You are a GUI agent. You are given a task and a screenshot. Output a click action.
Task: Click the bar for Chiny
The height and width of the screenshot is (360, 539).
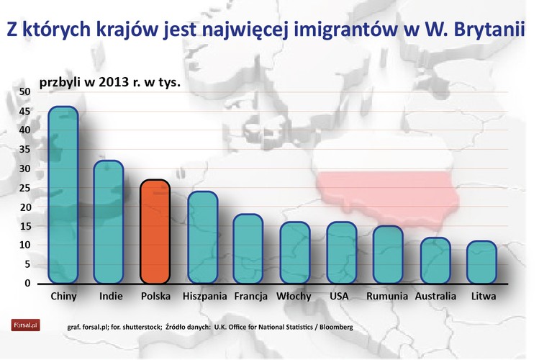(x=63, y=194)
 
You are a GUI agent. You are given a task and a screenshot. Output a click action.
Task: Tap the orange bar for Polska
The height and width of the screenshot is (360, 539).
(x=155, y=231)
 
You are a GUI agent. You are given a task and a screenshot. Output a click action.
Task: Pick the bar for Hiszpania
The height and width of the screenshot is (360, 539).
(x=202, y=237)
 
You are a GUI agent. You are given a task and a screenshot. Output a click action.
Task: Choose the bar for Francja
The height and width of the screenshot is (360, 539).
(x=248, y=248)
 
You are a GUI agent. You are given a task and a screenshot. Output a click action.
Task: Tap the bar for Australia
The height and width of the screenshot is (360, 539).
(x=435, y=260)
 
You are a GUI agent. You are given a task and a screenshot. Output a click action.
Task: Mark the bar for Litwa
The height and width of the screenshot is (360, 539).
(x=481, y=262)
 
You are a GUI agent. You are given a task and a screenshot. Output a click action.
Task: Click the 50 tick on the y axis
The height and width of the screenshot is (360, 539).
(x=24, y=92)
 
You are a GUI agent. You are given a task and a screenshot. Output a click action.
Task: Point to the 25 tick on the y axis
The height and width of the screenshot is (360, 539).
(x=24, y=188)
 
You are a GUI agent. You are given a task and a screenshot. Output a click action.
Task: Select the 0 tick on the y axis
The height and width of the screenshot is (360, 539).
(x=27, y=283)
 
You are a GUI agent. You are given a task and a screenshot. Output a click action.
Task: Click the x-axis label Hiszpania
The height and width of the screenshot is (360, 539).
(x=204, y=296)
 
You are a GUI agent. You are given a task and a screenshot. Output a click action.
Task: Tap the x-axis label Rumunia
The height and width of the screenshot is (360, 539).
(x=388, y=296)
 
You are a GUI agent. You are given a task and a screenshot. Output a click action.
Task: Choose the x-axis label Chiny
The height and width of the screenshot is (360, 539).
(x=65, y=296)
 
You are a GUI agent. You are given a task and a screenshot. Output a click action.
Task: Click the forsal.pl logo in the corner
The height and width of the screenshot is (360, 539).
(x=24, y=325)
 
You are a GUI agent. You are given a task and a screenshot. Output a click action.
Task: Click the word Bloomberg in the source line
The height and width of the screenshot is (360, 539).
(x=330, y=328)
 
